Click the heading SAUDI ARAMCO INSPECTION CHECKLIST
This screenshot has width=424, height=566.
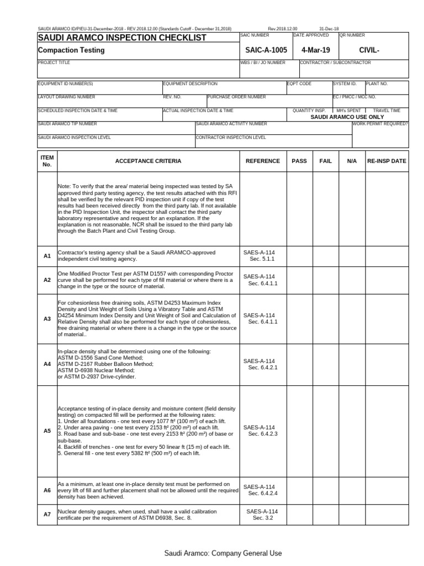point(121,38)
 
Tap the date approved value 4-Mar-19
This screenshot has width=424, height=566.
point(315,50)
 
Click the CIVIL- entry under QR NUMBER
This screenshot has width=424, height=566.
point(370,50)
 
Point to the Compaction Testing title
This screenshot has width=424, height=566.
point(71,50)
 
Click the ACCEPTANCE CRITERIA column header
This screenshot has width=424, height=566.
point(147,161)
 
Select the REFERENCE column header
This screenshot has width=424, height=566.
point(263,161)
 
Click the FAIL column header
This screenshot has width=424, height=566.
point(325,161)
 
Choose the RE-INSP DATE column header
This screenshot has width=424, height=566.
point(386,161)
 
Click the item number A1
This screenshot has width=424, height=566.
point(47,256)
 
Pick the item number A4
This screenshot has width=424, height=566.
point(47,364)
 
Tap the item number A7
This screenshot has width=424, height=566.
point(47,515)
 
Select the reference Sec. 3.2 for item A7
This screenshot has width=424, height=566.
point(263,518)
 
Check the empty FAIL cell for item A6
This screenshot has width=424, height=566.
point(325,490)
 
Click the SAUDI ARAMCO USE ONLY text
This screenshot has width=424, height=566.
point(347,117)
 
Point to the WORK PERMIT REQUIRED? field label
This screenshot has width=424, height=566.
point(380,124)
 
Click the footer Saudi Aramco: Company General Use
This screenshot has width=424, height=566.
point(222,553)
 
